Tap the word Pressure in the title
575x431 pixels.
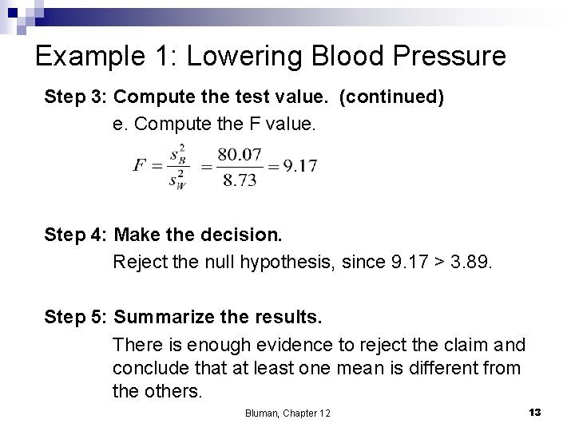[x=447, y=57]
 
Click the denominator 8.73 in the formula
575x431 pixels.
[x=240, y=180]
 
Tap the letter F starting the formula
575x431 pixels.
[x=140, y=166]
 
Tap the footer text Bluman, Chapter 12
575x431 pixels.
[x=287, y=413]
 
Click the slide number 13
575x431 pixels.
[x=535, y=412]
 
